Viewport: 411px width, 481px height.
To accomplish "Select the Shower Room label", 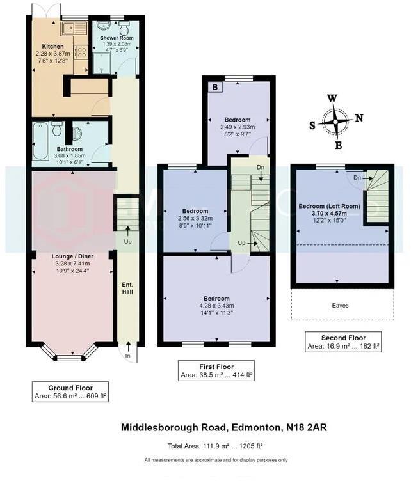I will [115, 38].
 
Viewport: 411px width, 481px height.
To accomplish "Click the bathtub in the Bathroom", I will [40, 141].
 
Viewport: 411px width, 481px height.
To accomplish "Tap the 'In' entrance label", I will [128, 356].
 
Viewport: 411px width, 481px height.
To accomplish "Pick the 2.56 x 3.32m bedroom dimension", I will [195, 219].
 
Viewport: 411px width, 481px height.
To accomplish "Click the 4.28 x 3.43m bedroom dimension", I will [216, 306].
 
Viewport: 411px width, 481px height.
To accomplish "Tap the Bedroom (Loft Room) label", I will [330, 206].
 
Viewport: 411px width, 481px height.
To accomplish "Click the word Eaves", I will [341, 306].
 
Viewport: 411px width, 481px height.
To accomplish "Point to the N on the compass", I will [359, 118].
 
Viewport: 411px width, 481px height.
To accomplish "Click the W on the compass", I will [332, 98].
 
